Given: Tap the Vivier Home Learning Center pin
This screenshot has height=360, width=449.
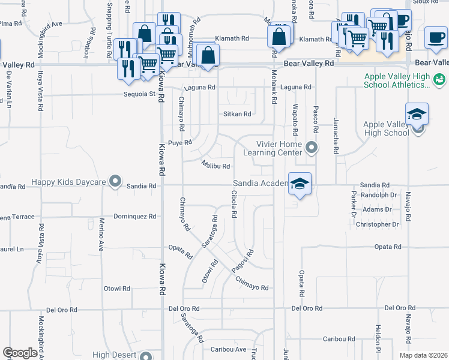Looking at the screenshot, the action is (x=311, y=146).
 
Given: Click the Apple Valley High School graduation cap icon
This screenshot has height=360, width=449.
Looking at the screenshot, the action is (x=417, y=115).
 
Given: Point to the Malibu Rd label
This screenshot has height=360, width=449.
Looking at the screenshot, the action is (x=216, y=165).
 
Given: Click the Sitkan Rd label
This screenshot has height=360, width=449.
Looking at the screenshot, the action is (x=237, y=113).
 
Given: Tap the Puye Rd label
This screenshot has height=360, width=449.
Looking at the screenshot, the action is (x=179, y=143).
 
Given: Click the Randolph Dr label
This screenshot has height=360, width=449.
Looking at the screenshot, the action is (x=380, y=195).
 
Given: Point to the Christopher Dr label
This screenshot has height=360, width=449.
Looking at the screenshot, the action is (x=378, y=224).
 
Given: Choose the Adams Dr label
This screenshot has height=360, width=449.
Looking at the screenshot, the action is (x=381, y=209).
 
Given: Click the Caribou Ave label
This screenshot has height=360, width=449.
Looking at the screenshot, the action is (x=228, y=349).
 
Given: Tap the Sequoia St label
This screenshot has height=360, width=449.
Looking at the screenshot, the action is (x=140, y=94).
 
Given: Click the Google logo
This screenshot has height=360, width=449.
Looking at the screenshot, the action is (x=20, y=353).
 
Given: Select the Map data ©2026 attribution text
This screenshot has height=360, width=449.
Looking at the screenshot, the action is (x=423, y=355).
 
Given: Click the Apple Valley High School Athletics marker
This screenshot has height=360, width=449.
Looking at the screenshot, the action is (x=439, y=79).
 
